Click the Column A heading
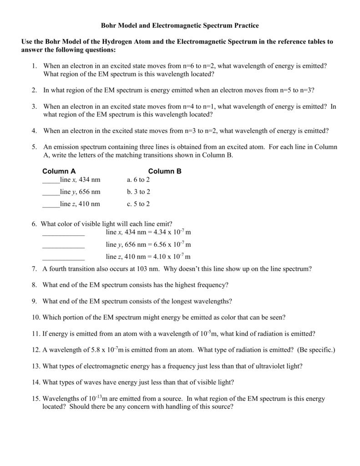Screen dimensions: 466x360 click(x=59, y=172)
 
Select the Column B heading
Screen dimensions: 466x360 click(x=164, y=172)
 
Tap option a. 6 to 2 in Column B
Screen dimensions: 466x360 click(x=138, y=180)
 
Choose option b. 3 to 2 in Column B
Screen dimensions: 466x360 click(x=138, y=192)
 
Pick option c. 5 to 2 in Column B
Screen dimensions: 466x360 click(x=138, y=204)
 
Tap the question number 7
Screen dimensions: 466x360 click(x=34, y=269)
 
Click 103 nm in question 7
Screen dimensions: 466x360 click(x=146, y=269)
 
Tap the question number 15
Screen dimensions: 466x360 click(x=35, y=399)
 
